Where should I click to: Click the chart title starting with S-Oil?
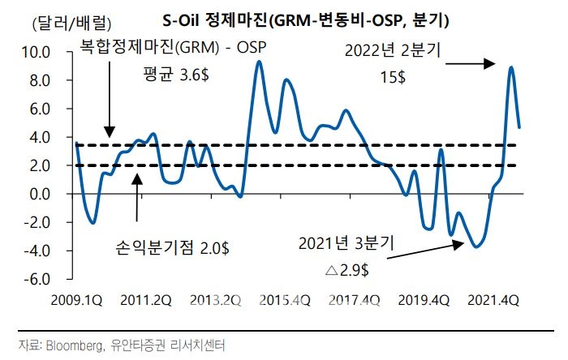[312, 18]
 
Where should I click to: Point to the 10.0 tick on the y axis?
[40, 53]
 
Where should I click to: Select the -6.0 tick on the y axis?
[40, 279]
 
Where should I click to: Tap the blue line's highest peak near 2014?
[258, 62]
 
